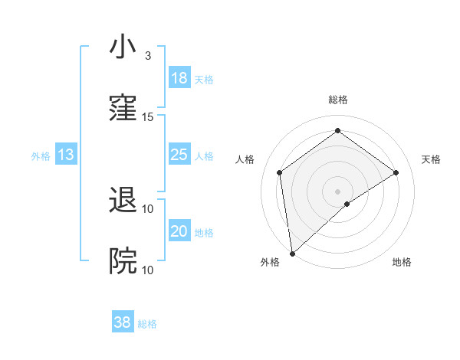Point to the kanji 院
pos(123,261)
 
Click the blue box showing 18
pos(179,78)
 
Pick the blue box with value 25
pos(179,155)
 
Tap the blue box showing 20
pos(179,231)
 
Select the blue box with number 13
pos(66,155)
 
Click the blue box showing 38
pos(123,323)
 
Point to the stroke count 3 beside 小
pos(148,56)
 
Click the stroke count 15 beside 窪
pos(148,117)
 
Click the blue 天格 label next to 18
pos(204,80)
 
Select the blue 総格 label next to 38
pos(147,325)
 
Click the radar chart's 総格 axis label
pos(338,100)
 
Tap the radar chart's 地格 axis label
pos(402,262)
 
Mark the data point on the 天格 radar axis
pos(396,172)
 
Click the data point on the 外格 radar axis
pos(291,254)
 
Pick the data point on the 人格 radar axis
pos(280,172)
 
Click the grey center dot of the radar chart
pos(338,191)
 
